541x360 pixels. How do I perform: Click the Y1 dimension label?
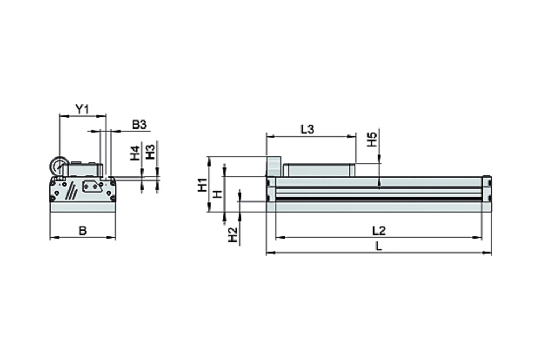click(81, 109)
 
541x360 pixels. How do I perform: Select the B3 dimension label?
click(139, 124)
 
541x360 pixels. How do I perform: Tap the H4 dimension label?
click(135, 153)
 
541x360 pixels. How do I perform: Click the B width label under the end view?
click(82, 231)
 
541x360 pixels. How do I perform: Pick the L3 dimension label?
click(307, 129)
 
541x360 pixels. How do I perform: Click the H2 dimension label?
click(232, 234)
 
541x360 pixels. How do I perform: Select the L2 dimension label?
click(379, 231)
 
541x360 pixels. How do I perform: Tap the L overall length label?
click(379, 246)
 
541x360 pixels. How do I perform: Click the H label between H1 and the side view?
click(217, 193)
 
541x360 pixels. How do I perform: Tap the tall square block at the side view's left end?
click(274, 166)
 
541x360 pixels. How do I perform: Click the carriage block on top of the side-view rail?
click(318, 170)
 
